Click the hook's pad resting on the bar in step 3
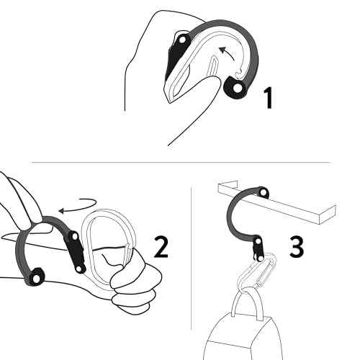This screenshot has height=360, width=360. [x=262, y=192]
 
